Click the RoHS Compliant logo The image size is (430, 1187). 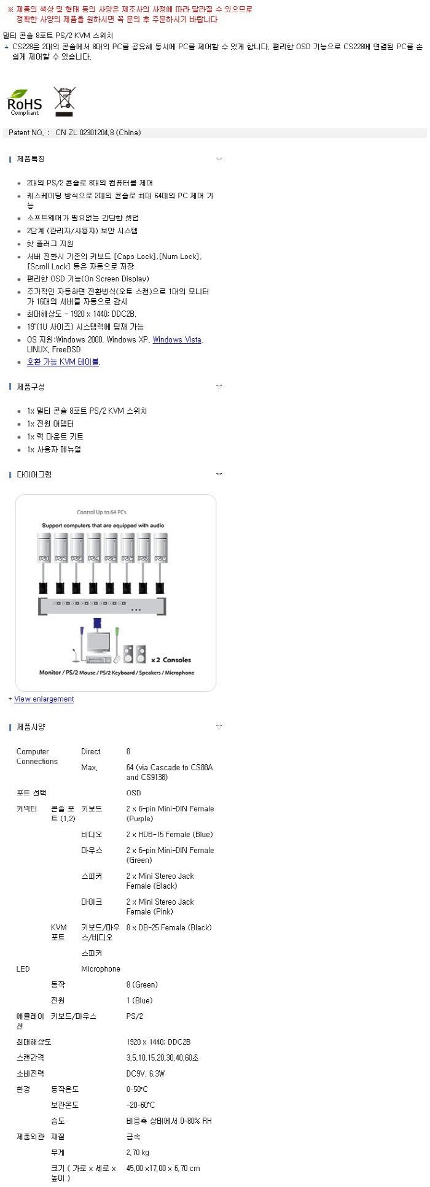click(x=25, y=102)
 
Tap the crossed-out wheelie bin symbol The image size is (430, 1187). click(x=64, y=101)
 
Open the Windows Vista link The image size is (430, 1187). click(x=177, y=339)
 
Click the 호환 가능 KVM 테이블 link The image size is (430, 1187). click(x=63, y=362)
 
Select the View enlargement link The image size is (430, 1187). click(x=44, y=699)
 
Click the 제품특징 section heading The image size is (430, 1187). click(x=31, y=159)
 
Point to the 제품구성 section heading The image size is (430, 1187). click(x=31, y=387)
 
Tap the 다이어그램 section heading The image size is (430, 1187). click(x=34, y=474)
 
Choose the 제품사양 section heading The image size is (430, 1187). click(x=31, y=727)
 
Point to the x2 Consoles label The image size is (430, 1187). click(x=171, y=660)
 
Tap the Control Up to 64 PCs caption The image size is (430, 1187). click(x=101, y=512)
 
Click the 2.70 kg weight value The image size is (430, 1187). click(x=138, y=1152)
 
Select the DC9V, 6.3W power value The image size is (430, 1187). click(x=146, y=1073)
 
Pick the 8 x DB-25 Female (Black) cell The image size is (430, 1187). click(x=169, y=927)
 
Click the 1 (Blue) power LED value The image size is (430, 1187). click(x=139, y=1000)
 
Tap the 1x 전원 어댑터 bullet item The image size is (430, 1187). click(x=50, y=423)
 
